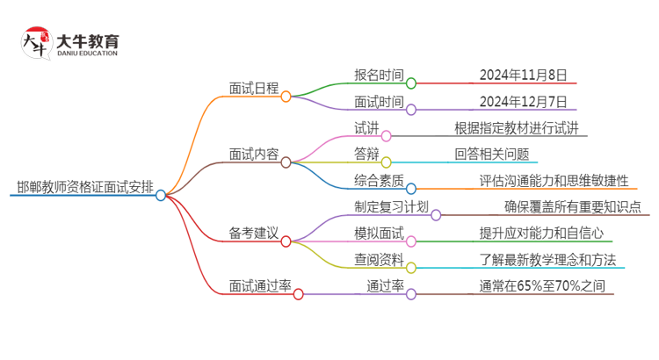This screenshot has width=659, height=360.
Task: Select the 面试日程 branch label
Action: (253, 88)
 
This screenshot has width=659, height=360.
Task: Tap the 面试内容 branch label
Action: (253, 153)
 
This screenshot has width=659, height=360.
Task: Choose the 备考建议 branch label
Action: (253, 233)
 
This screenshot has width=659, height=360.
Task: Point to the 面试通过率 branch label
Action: (260, 285)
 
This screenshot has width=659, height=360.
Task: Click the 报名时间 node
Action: (379, 75)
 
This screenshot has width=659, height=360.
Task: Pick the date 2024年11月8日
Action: (524, 75)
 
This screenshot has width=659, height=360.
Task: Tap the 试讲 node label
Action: (366, 127)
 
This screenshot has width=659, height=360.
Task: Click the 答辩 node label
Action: (366, 154)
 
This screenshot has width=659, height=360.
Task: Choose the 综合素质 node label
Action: (379, 180)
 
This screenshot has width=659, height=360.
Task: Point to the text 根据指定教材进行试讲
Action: (517, 127)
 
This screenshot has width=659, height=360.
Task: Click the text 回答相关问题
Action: (492, 154)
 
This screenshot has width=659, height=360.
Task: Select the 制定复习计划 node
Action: (391, 207)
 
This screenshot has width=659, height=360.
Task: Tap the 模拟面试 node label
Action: (379, 233)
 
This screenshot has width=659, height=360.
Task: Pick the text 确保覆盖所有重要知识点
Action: (572, 207)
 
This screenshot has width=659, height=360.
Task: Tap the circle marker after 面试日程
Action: (286, 96)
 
